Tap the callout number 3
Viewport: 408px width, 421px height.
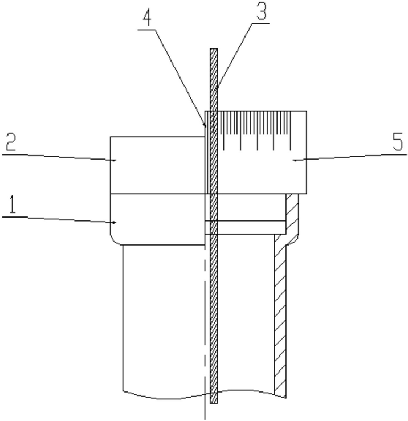point(262,12)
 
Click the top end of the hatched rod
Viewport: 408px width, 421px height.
point(214,51)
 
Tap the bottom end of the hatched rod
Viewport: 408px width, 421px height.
point(214,402)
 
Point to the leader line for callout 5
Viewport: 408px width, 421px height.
point(353,156)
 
